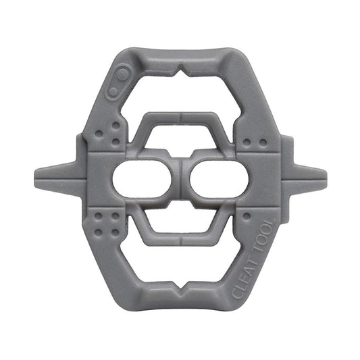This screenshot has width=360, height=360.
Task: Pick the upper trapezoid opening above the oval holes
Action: [x=180, y=140]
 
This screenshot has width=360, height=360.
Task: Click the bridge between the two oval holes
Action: [x=180, y=180]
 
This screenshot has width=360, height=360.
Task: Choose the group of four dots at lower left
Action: [x=107, y=224]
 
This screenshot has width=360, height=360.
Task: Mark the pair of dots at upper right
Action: [x=252, y=143]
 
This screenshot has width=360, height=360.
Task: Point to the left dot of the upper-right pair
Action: [x=247, y=143]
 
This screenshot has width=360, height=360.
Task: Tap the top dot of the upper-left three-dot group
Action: [x=115, y=125]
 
